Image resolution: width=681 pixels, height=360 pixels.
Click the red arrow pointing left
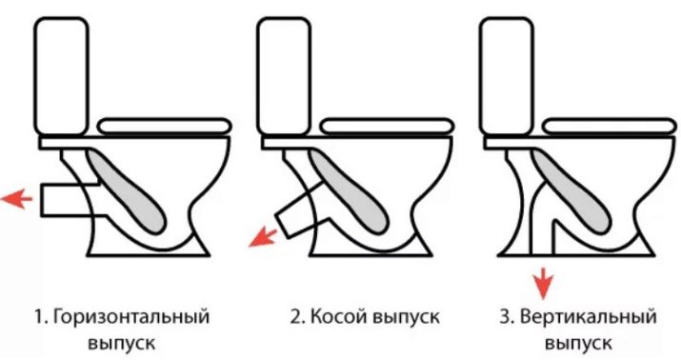pyautogui.click(x=16, y=199)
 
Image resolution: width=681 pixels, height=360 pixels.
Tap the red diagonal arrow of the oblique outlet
pyautogui.click(x=262, y=238)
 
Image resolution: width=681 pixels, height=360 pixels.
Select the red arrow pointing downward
pyautogui.click(x=543, y=284)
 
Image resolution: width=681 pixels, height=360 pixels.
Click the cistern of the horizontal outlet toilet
pyautogui.click(x=62, y=76)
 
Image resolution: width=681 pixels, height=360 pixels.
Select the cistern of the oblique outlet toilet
pyautogui.click(x=284, y=76)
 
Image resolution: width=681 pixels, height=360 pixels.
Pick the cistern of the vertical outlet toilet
pyautogui.click(x=507, y=76)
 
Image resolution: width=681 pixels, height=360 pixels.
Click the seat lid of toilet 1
pyautogui.click(x=165, y=127)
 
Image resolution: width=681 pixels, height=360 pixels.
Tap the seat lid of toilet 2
pyautogui.click(x=387, y=127)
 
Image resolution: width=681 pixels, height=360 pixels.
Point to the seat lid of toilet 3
pyautogui.click(x=610, y=127)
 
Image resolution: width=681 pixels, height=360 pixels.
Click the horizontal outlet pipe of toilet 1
pyautogui.click(x=70, y=200)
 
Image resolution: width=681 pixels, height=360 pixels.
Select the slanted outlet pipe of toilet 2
pyautogui.click(x=301, y=210)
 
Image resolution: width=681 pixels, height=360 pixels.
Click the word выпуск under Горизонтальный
pyautogui.click(x=122, y=344)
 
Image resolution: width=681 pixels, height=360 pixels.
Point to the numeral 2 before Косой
pyautogui.click(x=295, y=317)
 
